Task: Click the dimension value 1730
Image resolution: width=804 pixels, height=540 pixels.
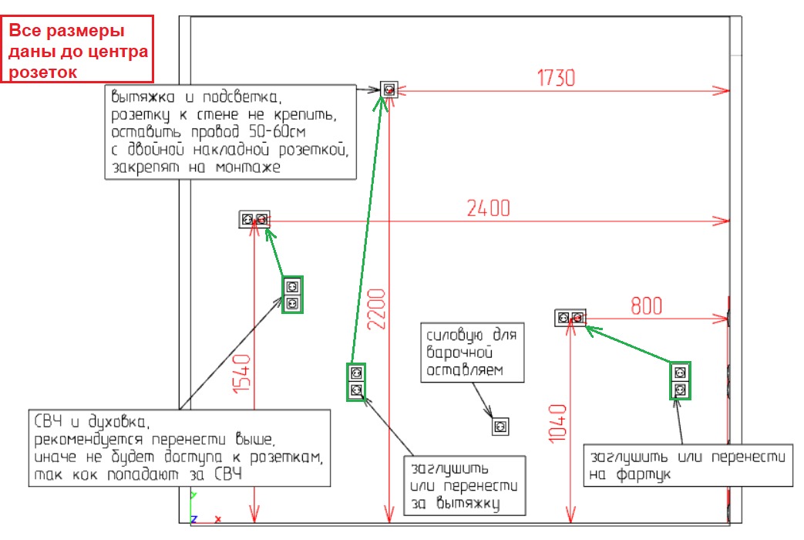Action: (x=556, y=77)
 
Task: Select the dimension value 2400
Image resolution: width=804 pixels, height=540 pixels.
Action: (x=488, y=208)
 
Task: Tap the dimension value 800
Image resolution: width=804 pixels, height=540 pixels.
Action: (x=646, y=305)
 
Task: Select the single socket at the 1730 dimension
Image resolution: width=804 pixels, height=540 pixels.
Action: (x=389, y=89)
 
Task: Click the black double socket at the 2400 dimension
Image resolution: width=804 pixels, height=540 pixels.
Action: (x=254, y=220)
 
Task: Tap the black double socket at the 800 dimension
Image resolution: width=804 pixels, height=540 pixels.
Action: (x=570, y=317)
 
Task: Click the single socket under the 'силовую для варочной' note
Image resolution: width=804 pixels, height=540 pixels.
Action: (x=500, y=426)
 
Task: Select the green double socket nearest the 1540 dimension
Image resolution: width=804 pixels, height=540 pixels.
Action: (x=292, y=295)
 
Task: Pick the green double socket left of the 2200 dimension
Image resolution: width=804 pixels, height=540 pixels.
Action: (x=356, y=381)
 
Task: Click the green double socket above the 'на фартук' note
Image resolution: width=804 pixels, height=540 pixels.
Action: (x=679, y=380)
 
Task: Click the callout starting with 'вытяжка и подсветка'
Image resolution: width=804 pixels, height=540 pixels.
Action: (x=230, y=132)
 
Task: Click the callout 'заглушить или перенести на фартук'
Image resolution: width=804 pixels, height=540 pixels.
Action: (x=688, y=464)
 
